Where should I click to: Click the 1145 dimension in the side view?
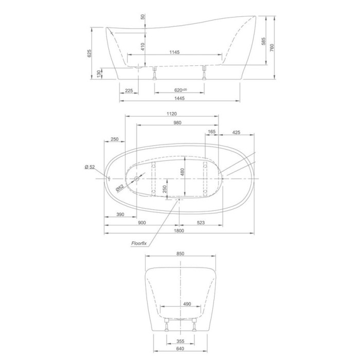[x=174, y=52]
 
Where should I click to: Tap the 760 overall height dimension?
[x=272, y=47]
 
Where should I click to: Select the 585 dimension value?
[x=263, y=41]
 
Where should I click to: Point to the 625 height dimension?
[x=89, y=53]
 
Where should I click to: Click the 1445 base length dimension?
[x=179, y=98]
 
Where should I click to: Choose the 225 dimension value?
[x=129, y=91]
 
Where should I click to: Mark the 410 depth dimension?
[x=143, y=47]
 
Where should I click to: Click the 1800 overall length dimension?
[x=179, y=231]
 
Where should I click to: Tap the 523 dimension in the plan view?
[x=201, y=223]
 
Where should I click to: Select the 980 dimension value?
[x=177, y=123]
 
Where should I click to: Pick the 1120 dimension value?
[x=172, y=114]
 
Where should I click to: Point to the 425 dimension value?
[x=236, y=132]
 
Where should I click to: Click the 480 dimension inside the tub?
[x=182, y=172]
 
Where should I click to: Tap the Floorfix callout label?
[x=139, y=243]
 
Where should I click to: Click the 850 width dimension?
[x=181, y=254]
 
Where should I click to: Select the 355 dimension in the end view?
[x=181, y=341]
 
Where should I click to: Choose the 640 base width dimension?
[x=181, y=349]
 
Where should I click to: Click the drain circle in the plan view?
[x=137, y=178]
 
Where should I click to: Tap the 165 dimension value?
[x=212, y=132]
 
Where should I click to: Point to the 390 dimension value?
[x=120, y=214]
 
